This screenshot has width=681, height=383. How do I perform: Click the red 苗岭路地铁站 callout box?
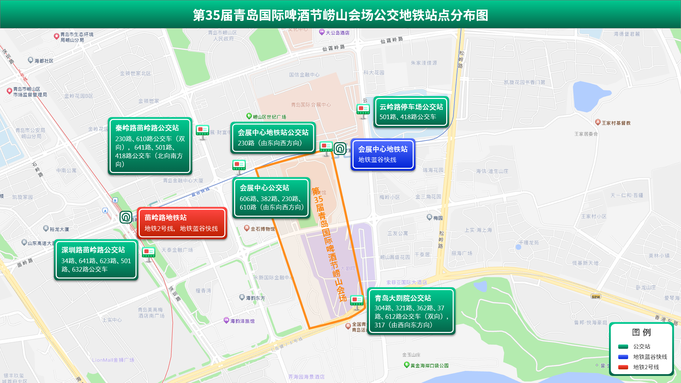(182, 223)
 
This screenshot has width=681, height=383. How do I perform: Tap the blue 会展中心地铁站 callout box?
(383, 154)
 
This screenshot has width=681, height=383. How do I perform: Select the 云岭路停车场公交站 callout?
(411, 112)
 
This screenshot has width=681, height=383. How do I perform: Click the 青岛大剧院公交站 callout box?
(411, 311)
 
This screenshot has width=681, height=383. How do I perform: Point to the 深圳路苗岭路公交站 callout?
(96, 260)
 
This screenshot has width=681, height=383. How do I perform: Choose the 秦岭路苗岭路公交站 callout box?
(150, 146)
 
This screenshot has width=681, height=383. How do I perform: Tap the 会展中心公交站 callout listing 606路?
(271, 198)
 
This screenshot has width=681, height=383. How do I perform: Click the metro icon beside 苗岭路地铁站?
(126, 217)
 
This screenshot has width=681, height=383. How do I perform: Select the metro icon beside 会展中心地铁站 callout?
(340, 149)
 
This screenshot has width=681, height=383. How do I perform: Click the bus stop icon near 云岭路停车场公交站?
(363, 110)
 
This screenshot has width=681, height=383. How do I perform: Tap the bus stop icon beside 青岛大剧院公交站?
(357, 301)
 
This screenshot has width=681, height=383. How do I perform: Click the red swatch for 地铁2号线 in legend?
(623, 367)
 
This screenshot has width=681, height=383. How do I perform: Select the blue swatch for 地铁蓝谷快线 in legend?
(623, 357)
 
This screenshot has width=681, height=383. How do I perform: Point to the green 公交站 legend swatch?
(623, 346)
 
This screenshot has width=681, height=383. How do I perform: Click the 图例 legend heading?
(641, 332)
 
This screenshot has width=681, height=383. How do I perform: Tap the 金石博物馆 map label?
(262, 229)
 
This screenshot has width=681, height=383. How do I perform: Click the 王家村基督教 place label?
(616, 123)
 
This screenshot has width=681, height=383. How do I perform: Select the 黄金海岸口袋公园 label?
(429, 365)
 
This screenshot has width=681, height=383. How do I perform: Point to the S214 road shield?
(596, 296)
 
